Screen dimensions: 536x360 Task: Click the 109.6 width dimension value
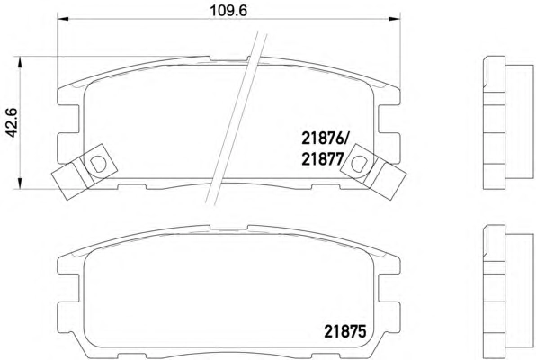pyautogui.click(x=228, y=11)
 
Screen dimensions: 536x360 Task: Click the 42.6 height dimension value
pyautogui.click(x=12, y=122)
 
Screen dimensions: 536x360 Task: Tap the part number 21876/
pyautogui.click(x=325, y=139)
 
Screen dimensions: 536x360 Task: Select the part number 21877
pyautogui.click(x=322, y=159)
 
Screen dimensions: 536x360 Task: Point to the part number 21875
pyautogui.click(x=345, y=331)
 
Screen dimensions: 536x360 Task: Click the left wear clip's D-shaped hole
pyautogui.click(x=98, y=164)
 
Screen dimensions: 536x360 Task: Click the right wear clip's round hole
pyautogui.click(x=358, y=164)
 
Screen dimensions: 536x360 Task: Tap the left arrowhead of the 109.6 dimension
pyautogui.click(x=63, y=19)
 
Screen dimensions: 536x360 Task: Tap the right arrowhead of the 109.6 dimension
pyautogui.click(x=394, y=19)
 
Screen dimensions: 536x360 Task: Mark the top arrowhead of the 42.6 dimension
pyautogui.click(x=20, y=62)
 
